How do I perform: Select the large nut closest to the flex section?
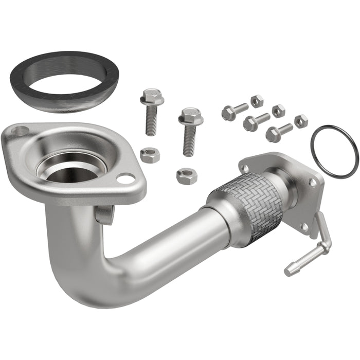click(187, 176)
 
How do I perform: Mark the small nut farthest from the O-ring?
click(257, 101)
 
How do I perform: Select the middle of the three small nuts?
click(279, 111)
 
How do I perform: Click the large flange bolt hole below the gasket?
click(19, 131)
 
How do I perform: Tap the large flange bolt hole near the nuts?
click(125, 178)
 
